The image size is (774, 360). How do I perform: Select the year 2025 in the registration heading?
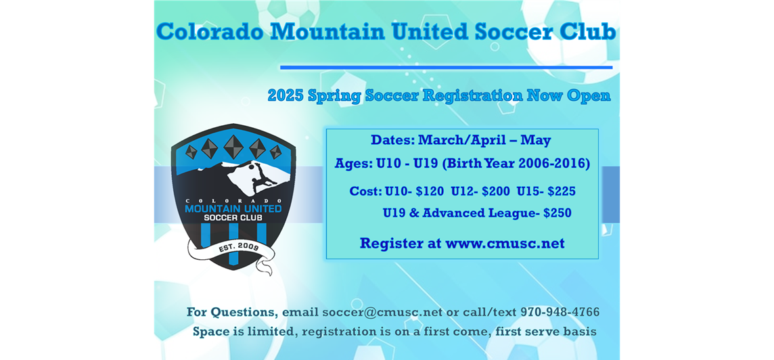click(x=286, y=95)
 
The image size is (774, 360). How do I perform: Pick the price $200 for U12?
click(x=495, y=191)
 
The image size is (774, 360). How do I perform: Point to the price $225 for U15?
click(x=562, y=191)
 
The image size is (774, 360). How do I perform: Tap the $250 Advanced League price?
click(x=557, y=213)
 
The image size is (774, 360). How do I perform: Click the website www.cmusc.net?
click(x=505, y=244)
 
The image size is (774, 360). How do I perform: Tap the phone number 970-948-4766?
click(x=560, y=312)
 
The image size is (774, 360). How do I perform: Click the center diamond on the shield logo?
click(x=233, y=147)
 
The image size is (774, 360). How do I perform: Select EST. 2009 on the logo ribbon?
click(x=239, y=247)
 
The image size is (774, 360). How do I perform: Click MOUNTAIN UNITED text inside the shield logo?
click(x=233, y=208)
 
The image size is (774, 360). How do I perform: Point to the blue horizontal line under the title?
click(x=447, y=67)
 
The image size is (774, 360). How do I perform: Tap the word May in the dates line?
click(x=536, y=141)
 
